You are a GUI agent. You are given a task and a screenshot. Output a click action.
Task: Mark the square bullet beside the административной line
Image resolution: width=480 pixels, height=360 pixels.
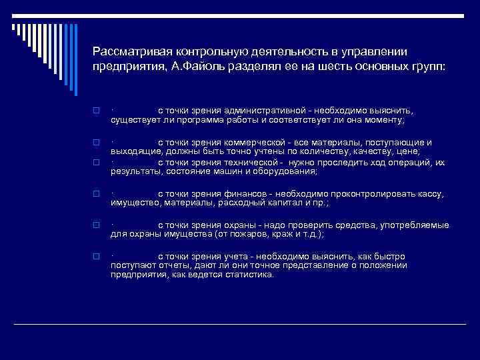(x=95, y=111)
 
